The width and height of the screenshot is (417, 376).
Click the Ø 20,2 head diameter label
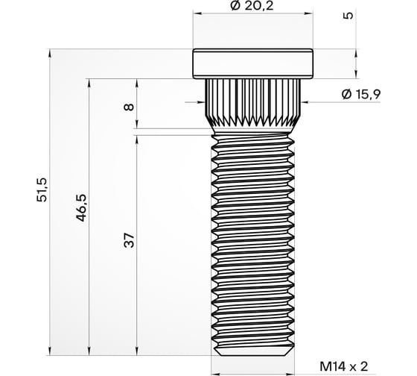coord(252,6)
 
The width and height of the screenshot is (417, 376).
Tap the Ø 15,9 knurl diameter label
coord(361,94)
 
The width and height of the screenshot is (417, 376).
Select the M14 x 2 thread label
coord(344,366)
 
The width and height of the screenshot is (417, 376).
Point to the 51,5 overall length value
coord(42,189)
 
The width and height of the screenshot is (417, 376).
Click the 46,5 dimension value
coord(81,208)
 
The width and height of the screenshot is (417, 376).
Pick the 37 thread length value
coord(130,240)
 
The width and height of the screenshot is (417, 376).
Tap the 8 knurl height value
coord(130,107)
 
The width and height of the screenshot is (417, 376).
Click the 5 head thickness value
coord(348,16)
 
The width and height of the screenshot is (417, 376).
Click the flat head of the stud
coord(252,63)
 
